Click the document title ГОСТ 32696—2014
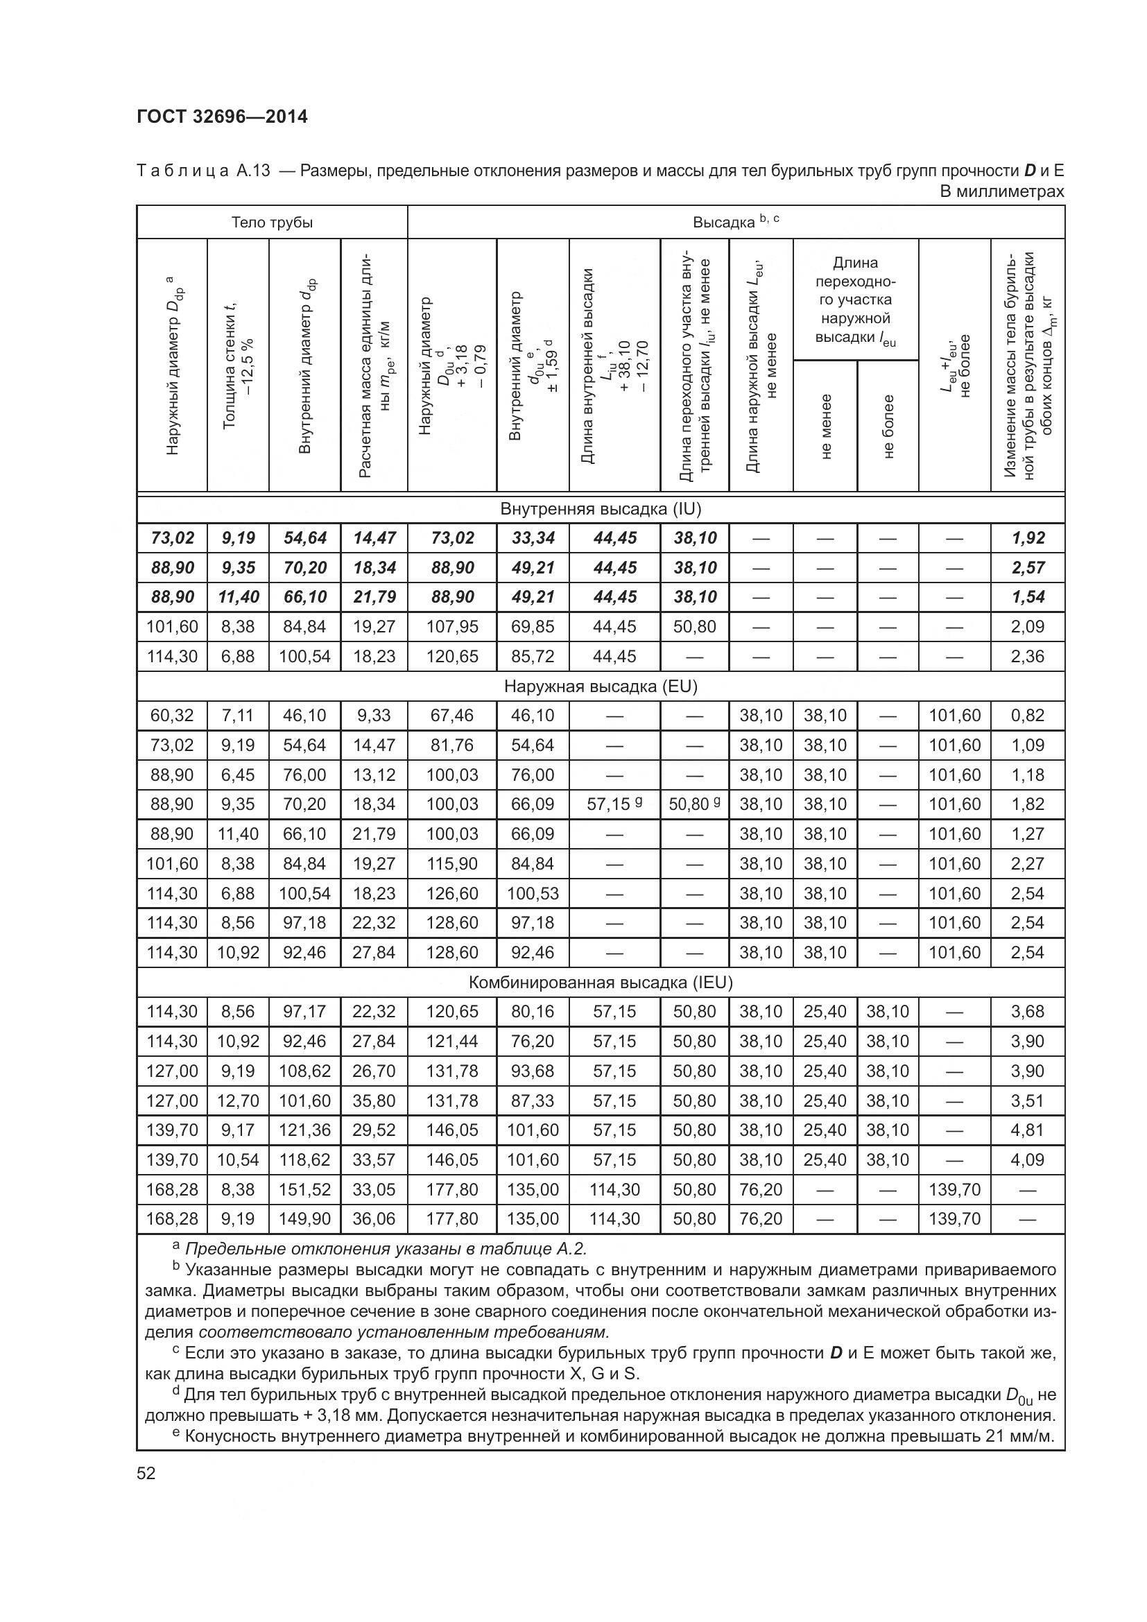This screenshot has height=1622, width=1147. [x=223, y=117]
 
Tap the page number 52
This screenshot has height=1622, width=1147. [x=146, y=1474]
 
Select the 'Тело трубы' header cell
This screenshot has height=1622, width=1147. [x=272, y=223]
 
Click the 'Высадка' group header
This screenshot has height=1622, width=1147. [x=735, y=222]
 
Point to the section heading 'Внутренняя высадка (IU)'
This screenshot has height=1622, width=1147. [x=601, y=508]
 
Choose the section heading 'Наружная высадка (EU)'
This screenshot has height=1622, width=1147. [x=601, y=686]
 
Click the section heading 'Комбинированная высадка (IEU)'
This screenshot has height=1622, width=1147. [x=601, y=982]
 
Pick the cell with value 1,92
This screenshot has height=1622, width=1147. [x=1028, y=538]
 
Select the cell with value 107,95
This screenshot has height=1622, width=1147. [x=452, y=627]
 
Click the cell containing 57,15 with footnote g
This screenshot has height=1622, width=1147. [x=614, y=804]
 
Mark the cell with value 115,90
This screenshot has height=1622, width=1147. [x=452, y=863]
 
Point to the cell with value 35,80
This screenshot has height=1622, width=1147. [x=374, y=1101]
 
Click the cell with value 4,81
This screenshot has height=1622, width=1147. [x=1028, y=1130]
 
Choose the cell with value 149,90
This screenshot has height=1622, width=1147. [x=304, y=1218]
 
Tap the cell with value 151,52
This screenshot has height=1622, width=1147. [x=304, y=1190]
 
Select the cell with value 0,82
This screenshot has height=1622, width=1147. [x=1028, y=716]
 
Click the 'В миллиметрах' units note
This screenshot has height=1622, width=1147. [x=1002, y=191]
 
